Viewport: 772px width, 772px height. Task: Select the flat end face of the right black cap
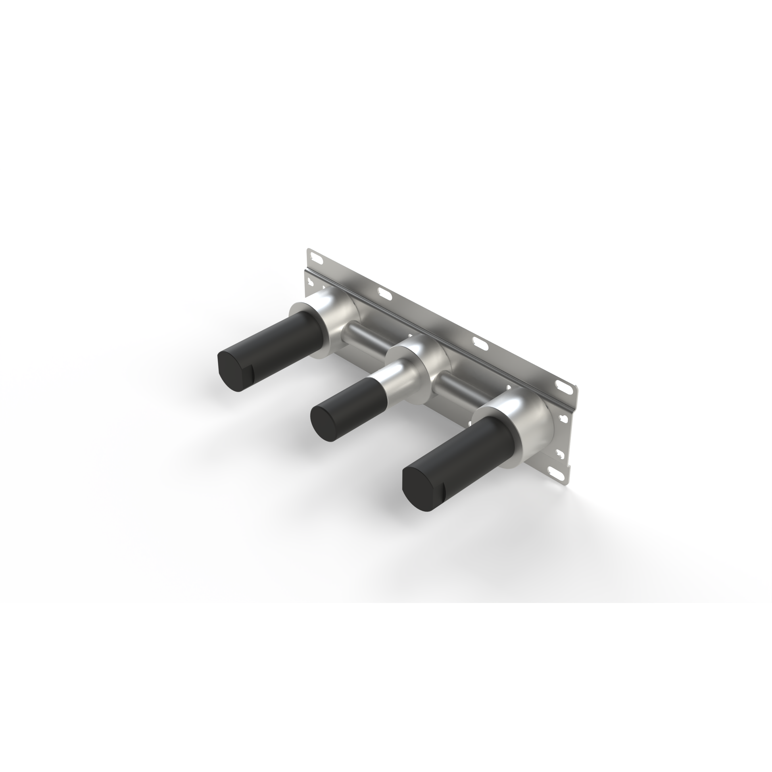coord(420,488)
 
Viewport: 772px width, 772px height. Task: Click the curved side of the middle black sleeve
coord(360,403)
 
